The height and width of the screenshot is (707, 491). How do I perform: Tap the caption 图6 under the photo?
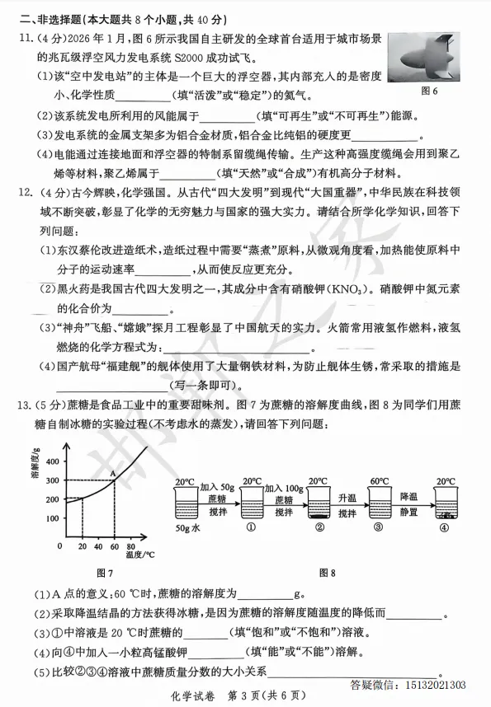[429, 90]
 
